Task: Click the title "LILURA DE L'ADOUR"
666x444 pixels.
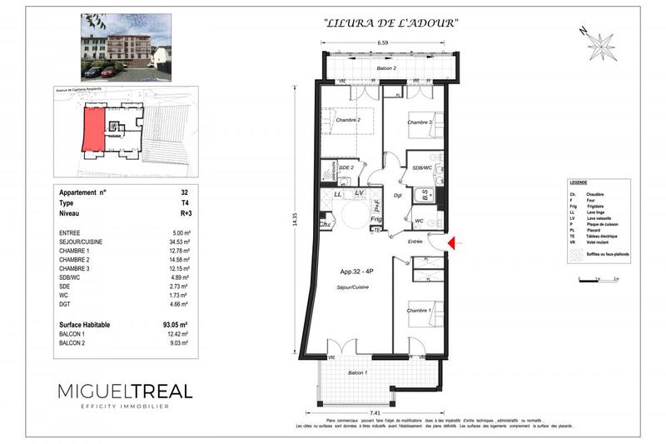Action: coord(389,24)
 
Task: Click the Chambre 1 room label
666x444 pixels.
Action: coord(418,310)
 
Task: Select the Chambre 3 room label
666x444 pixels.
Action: coord(420,122)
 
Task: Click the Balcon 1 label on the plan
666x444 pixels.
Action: coord(359,372)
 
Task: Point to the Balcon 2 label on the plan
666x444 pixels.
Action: coord(384,67)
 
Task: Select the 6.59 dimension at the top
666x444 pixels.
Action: coord(384,42)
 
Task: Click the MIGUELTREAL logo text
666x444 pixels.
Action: coord(125,391)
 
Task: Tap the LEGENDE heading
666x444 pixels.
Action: coord(578,182)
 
